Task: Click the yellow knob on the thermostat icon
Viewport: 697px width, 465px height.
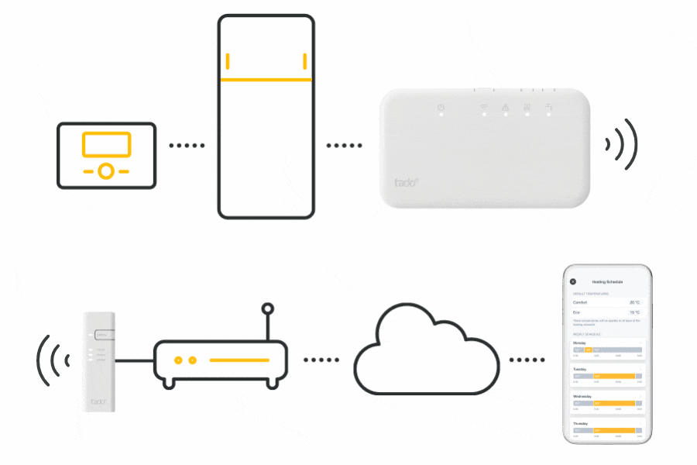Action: [x=107, y=170]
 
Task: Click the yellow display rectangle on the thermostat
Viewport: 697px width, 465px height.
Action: [x=107, y=144]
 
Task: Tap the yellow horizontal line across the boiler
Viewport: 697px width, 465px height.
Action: [x=266, y=79]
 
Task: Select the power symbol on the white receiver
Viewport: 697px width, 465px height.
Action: [x=440, y=107]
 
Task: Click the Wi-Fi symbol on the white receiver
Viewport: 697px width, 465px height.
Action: [x=483, y=107]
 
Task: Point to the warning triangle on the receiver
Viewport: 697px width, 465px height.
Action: [x=505, y=107]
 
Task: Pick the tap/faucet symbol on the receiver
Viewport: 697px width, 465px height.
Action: [x=549, y=107]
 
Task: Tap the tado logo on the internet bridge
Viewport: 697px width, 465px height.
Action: [x=99, y=401]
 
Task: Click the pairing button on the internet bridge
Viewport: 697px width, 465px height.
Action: [x=105, y=335]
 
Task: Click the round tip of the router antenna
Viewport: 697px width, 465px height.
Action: [x=267, y=309]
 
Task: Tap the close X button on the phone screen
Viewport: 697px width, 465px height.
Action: [x=573, y=281]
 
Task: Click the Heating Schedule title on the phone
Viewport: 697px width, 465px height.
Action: [x=607, y=281]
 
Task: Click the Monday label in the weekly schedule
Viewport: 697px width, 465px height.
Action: [x=580, y=342]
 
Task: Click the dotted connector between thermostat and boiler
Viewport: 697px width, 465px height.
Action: [x=187, y=145]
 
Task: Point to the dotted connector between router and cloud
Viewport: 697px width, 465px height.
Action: [x=321, y=360]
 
